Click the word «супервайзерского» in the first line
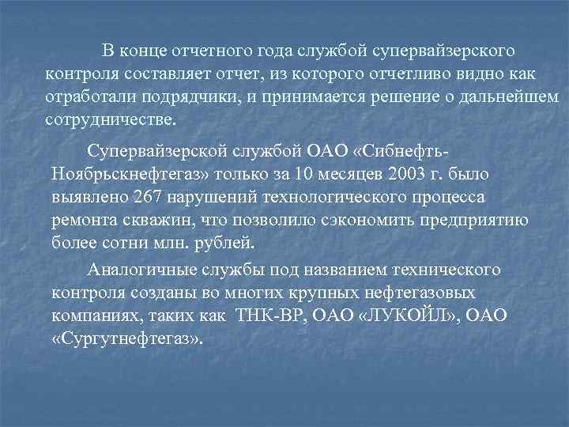447,51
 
